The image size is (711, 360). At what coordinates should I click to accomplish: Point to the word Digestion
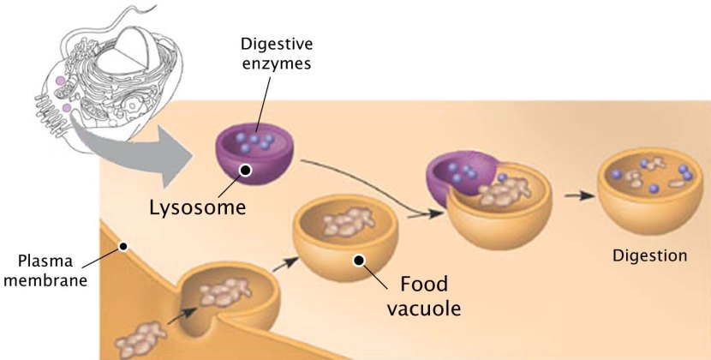coord(650,255)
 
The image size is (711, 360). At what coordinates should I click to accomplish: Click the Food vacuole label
coord(426,296)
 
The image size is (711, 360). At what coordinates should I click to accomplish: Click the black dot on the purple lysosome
coord(246,171)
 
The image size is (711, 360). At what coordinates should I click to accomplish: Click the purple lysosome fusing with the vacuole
coord(454,176)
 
